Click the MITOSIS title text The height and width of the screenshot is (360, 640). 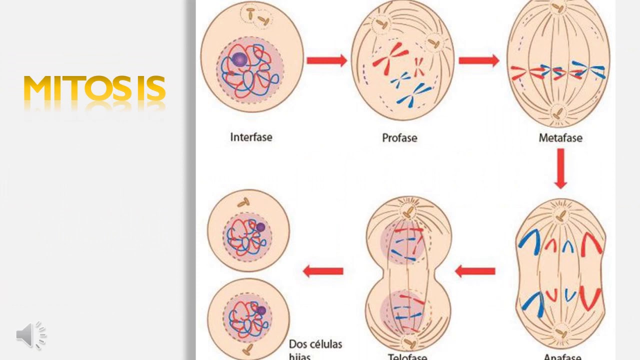94,89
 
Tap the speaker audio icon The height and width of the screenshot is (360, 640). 31,334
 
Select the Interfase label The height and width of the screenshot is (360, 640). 251,137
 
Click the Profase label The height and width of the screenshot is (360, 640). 399,137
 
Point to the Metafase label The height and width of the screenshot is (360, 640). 560,137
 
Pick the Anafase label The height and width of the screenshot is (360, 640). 562,356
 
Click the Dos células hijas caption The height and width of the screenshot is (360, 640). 315,349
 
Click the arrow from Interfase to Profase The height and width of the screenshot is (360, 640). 326,60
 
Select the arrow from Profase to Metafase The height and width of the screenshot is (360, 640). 478,60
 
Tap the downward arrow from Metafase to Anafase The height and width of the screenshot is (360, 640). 560,168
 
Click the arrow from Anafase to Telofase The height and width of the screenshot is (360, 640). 475,271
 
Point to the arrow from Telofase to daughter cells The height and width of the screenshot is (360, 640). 323,271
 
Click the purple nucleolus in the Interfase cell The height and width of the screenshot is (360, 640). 239,59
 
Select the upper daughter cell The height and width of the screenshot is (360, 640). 248,230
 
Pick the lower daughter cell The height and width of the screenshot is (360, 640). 248,318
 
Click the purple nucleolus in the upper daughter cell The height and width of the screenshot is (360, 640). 260,227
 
